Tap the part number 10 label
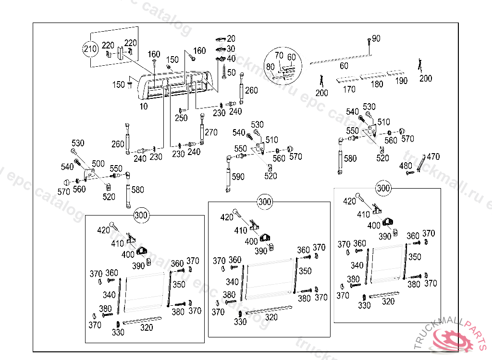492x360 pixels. (144, 107)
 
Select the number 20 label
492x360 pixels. (231, 38)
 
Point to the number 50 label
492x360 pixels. (232, 72)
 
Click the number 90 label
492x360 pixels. (376, 38)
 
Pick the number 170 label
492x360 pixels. (349, 89)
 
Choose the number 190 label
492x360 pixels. (401, 81)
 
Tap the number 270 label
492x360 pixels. (211, 132)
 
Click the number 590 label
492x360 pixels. (238, 177)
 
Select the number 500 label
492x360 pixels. (98, 164)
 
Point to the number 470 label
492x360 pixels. (433, 156)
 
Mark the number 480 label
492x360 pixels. (406, 166)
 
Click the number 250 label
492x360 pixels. (181, 118)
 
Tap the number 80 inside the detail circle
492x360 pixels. (271, 67)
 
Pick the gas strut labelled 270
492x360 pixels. (202, 129)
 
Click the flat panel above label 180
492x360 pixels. (373, 76)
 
